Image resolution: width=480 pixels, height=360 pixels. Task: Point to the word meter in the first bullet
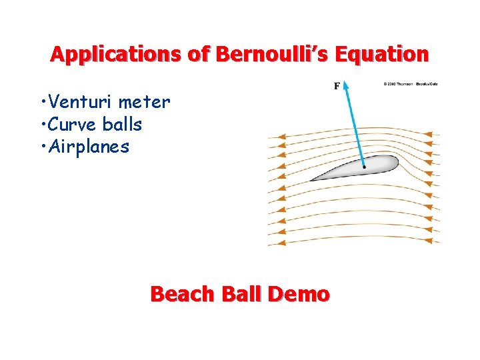point(145,103)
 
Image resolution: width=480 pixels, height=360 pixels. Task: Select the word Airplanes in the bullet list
point(87,147)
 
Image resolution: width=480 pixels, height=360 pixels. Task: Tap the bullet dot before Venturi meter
point(42,103)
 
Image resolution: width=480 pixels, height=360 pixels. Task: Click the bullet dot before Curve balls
point(42,125)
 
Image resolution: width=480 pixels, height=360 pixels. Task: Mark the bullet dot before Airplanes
point(42,147)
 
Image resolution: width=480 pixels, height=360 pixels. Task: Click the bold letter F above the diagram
point(337,85)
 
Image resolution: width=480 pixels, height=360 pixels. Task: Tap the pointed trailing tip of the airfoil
point(312,180)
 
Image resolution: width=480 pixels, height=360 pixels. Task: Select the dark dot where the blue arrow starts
point(364,167)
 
